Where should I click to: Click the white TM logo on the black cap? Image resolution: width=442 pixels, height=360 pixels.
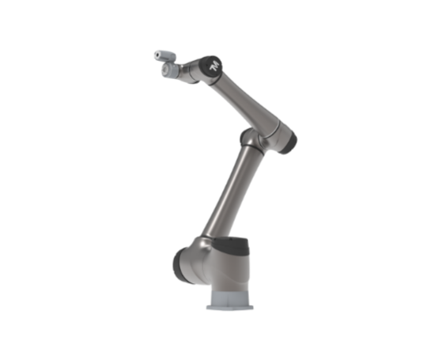[x=215, y=66]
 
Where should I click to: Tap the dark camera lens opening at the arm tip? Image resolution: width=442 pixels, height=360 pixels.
[x=157, y=55]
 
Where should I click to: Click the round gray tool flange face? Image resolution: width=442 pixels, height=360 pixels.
[x=165, y=69]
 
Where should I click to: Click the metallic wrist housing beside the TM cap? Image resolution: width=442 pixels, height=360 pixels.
[x=191, y=71]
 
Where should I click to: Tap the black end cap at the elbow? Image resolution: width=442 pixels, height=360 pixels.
[x=289, y=142]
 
